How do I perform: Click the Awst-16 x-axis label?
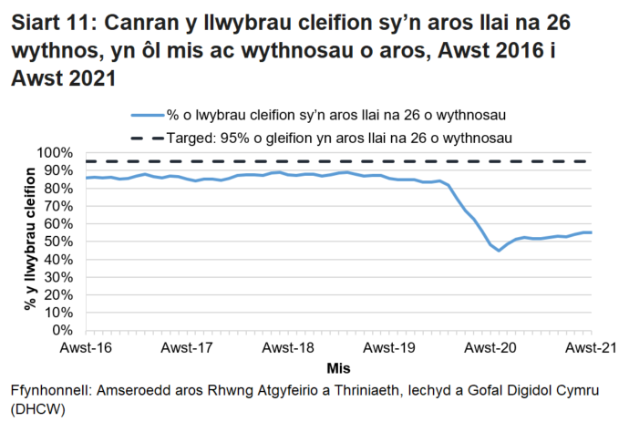coord(86,348)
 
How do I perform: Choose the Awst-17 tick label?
coord(187,348)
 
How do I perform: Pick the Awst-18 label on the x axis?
coord(288,348)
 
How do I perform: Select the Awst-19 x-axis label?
coord(389,348)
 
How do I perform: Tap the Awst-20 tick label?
coord(490,348)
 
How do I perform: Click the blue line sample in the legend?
coord(148,115)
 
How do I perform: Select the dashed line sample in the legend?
coord(148,137)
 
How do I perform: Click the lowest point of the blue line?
coord(499,251)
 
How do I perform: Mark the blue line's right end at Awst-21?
coord(592,232)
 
